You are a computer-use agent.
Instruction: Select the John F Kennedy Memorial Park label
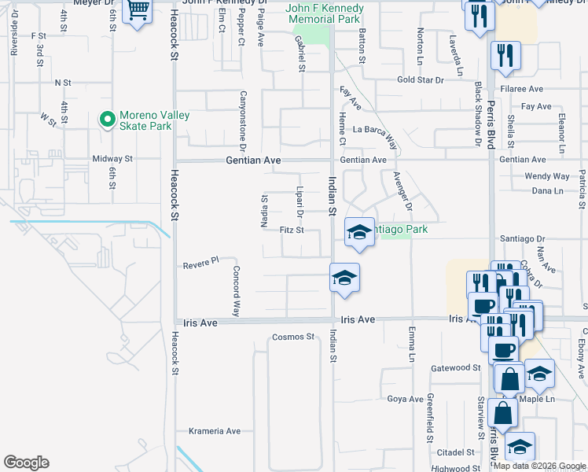(323, 14)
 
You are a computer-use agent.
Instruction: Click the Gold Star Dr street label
(421, 79)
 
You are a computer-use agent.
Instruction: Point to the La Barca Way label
(374, 130)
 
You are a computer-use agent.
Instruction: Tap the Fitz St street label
(291, 230)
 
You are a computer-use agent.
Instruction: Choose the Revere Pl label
(199, 263)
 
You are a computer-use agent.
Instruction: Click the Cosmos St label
(292, 337)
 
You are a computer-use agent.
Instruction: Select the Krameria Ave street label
(215, 431)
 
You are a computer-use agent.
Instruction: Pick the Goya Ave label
(406, 399)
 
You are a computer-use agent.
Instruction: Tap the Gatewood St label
(456, 367)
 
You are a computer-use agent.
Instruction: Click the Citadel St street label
(457, 453)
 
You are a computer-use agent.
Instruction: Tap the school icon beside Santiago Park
(359, 232)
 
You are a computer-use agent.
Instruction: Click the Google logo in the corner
(26, 463)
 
